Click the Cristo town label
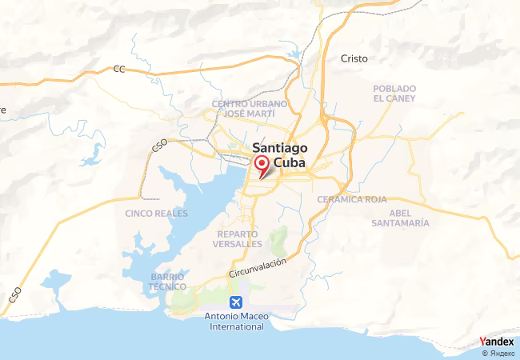coord(354,58)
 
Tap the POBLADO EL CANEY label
coord(394,93)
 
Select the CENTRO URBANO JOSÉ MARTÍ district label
coord(249,109)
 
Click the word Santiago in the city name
coord(278,147)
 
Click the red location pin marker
coord(261,165)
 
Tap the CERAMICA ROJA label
coord(351,199)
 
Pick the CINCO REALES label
coord(157,214)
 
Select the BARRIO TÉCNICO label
coord(168,281)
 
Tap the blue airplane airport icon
coord(236,302)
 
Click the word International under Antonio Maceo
coord(237,327)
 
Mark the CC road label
coord(120,69)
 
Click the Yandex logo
coord(496,342)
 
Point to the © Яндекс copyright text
coord(498,353)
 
